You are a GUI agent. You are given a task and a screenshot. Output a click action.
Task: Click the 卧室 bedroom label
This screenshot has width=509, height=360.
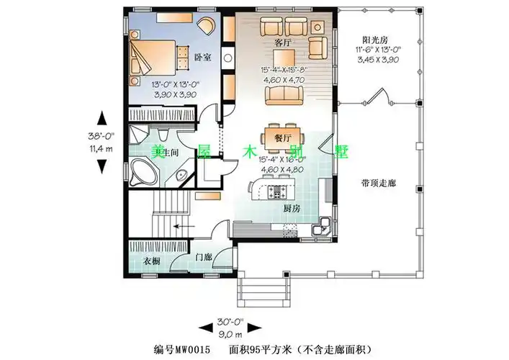click(203, 58)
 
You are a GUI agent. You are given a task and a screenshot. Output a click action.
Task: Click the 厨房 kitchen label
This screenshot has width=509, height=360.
click(291, 208)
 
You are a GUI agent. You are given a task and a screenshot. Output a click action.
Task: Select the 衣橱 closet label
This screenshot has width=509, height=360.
click(150, 260)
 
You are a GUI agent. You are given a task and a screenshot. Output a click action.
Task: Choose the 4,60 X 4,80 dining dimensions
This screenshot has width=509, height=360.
click(282, 168)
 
